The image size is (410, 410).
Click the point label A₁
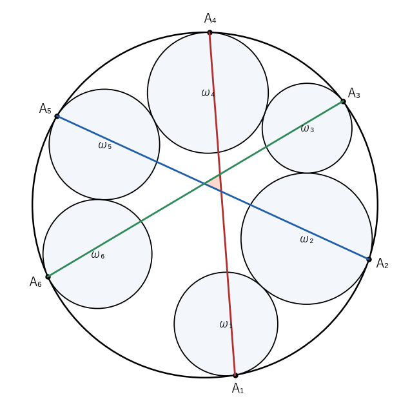pyautogui.click(x=238, y=388)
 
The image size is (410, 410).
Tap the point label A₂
pyautogui.click(x=382, y=263)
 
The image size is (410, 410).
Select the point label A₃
pyautogui.click(x=354, y=93)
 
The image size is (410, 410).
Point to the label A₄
pyautogui.click(x=210, y=18)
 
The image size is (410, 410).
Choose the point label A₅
pyautogui.click(x=45, y=108)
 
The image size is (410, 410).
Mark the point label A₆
pyautogui.click(x=35, y=282)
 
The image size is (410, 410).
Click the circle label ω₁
pyautogui.click(x=226, y=324)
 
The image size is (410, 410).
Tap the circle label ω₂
pyautogui.click(x=306, y=239)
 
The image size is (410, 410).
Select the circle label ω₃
pyautogui.click(x=307, y=128)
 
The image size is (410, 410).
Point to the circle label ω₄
pyautogui.click(x=208, y=93)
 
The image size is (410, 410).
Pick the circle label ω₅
pyautogui.click(x=105, y=145)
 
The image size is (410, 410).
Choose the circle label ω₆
pyautogui.click(x=98, y=255)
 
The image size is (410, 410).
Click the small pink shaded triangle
pyautogui.click(x=215, y=183)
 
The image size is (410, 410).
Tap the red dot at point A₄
pyautogui.click(x=210, y=32)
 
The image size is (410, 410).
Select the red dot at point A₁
pyautogui.click(x=235, y=375)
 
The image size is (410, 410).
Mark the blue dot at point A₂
pyautogui.click(x=369, y=259)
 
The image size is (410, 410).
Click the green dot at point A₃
pyautogui.click(x=344, y=101)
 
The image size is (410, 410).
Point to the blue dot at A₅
pyautogui.click(x=57, y=116)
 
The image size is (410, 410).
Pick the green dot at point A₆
pyautogui.click(x=48, y=277)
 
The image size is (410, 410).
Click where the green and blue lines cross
pyautogui.click(x=204, y=184)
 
